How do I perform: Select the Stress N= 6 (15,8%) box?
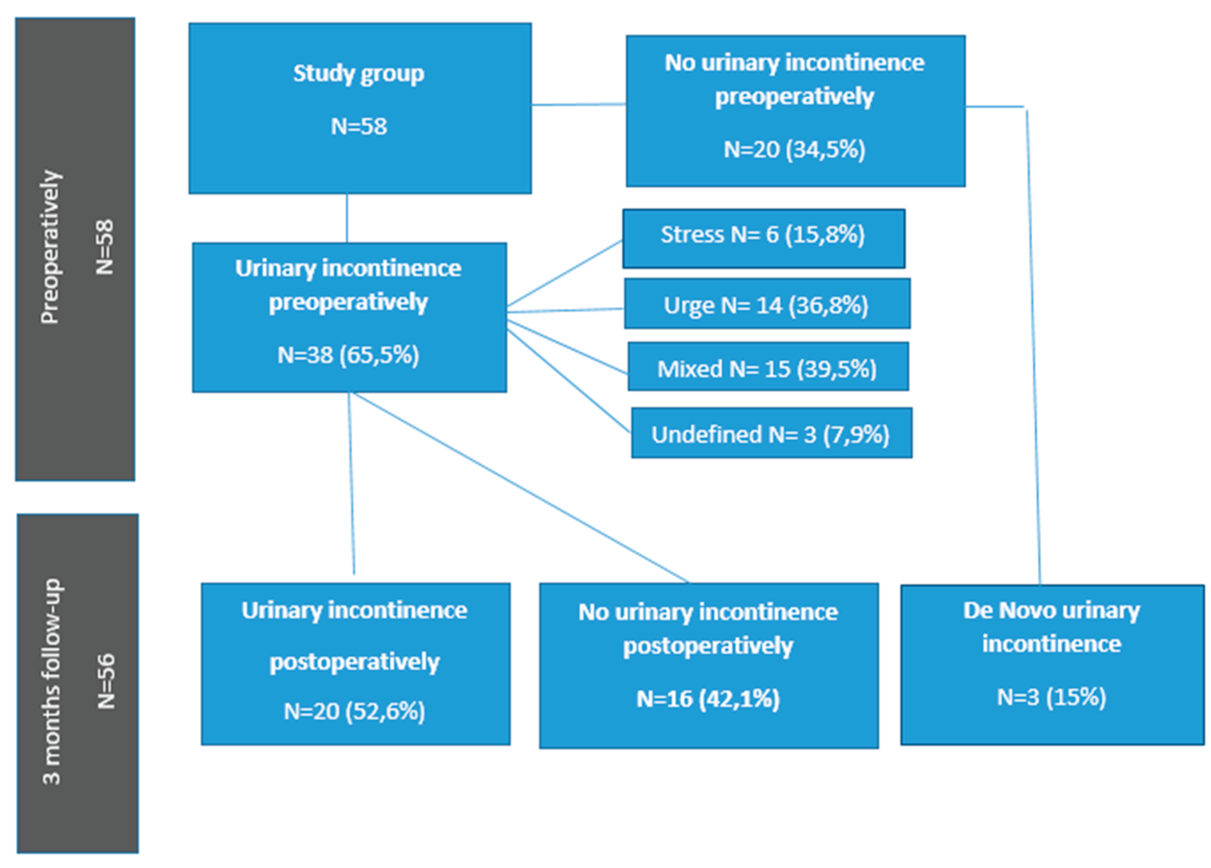click(x=763, y=238)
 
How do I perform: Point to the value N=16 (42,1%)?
click(x=708, y=698)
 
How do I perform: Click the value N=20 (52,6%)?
click(x=354, y=711)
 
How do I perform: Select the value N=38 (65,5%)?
click(x=348, y=355)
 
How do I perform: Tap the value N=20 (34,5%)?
click(x=794, y=149)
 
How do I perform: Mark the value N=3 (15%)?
click(x=1051, y=697)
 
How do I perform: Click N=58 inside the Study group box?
click(x=359, y=127)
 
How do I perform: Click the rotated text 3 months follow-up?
click(x=52, y=682)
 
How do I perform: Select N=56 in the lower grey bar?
click(x=106, y=682)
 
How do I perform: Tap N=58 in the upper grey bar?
click(x=105, y=247)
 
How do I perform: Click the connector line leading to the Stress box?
click(x=565, y=274)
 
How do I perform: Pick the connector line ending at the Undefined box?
click(x=569, y=381)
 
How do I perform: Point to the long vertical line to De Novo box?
click(x=1033, y=347)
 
